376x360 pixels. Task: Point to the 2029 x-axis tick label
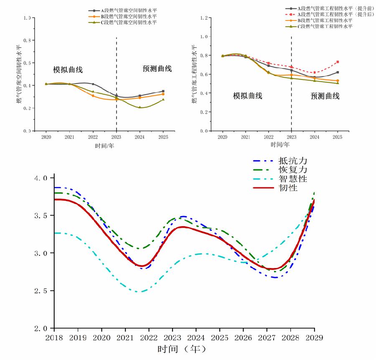tap(315, 337)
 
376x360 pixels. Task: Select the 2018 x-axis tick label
tap(53, 337)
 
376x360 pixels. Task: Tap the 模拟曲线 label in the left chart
tap(68, 69)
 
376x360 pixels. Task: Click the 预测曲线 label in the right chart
tap(325, 96)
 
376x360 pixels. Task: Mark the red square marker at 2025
tap(338, 62)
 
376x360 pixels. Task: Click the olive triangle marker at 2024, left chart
tap(140, 107)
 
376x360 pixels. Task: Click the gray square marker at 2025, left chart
tap(163, 91)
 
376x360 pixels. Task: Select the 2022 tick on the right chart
tap(269, 137)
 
